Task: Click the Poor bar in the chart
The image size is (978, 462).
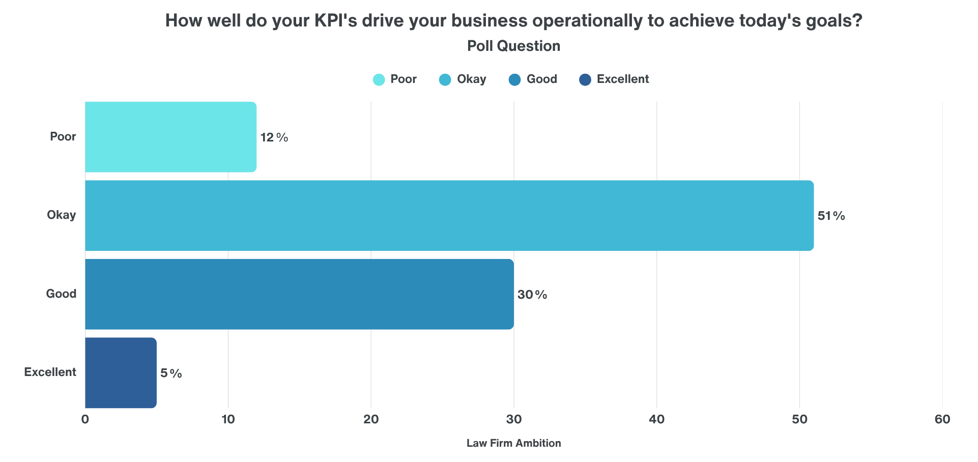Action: tap(170, 137)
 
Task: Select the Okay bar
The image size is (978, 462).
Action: tap(449, 215)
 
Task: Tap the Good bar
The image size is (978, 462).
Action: tap(299, 294)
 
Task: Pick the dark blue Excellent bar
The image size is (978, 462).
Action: tap(121, 372)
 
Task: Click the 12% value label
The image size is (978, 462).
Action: tap(274, 137)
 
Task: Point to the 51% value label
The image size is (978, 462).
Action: tap(831, 216)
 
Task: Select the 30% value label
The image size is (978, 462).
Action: tap(532, 295)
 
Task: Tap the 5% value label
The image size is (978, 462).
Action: tap(171, 373)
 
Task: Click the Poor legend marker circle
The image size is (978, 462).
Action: tap(379, 80)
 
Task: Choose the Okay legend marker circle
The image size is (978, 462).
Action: tap(445, 80)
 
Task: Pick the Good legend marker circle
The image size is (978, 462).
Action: tap(514, 80)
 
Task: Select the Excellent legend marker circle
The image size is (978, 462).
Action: tap(585, 80)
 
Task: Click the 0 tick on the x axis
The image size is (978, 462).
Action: tap(85, 419)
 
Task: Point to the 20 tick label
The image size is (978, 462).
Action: tap(371, 419)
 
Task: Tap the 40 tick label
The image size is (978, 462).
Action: tap(656, 419)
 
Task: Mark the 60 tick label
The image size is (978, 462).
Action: tap(942, 419)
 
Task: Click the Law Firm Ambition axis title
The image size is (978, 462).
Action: tap(513, 443)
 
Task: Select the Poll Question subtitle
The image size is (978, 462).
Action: tap(513, 46)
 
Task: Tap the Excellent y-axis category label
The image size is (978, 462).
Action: tap(50, 372)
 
